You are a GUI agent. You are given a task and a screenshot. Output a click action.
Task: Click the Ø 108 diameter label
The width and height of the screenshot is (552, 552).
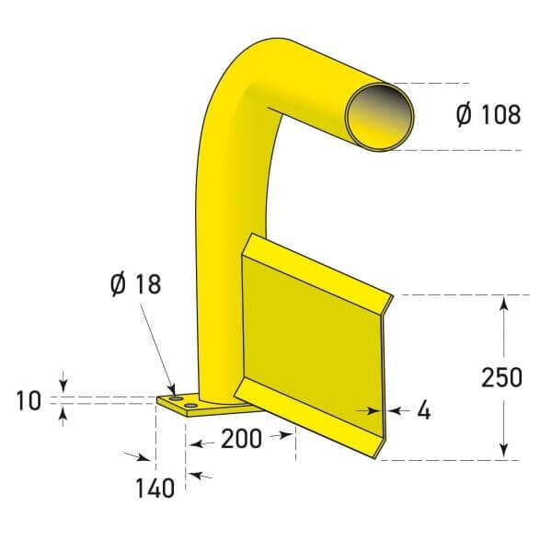488,115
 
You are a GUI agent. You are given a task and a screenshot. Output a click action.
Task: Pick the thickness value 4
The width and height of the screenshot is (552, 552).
423,411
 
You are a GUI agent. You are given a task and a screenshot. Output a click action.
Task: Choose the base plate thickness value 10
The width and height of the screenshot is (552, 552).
29,400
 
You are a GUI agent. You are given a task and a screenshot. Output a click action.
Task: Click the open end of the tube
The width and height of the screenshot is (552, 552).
378,114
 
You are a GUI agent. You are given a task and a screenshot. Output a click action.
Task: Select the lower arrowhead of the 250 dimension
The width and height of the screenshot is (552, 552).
503,449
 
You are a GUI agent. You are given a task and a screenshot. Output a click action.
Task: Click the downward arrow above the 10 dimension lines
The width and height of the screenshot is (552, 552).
63,385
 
